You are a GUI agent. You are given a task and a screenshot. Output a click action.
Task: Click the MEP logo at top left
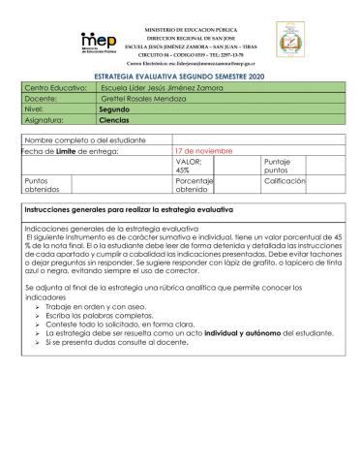coord(99,40)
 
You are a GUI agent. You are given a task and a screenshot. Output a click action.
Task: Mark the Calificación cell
coord(285,181)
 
